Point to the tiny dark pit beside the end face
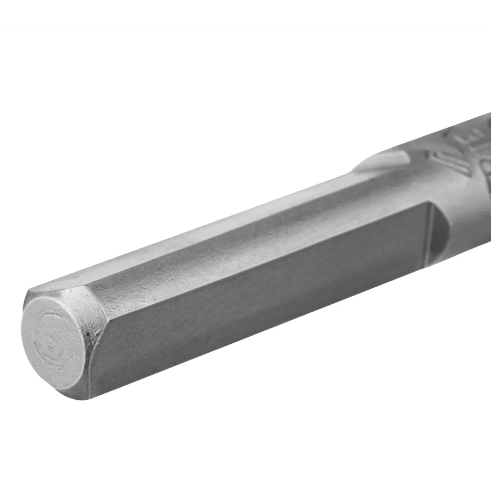point(88,335)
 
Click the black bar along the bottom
point(245,477)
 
